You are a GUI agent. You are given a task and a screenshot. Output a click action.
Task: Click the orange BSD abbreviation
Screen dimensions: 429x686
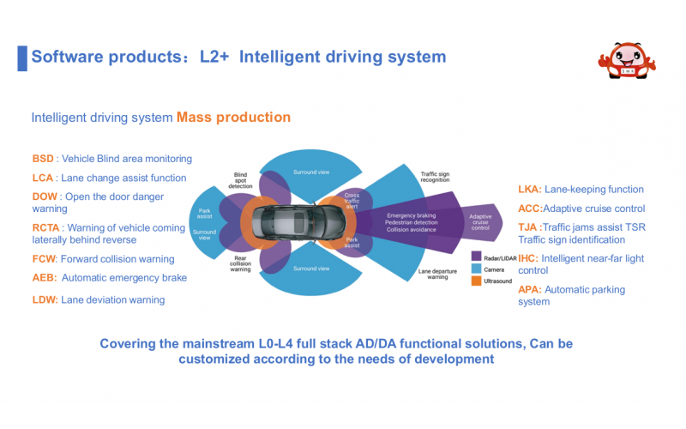point(42,159)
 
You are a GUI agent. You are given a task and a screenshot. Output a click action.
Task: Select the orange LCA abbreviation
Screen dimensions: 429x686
point(42,178)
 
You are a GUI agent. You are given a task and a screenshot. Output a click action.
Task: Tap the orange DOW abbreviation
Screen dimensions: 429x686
point(45,196)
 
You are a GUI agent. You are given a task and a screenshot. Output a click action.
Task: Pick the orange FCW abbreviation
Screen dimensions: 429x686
point(43,259)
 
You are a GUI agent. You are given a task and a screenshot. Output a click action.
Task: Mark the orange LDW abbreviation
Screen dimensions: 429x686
point(44,299)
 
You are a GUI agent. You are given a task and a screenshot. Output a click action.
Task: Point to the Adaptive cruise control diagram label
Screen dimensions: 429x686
point(481,221)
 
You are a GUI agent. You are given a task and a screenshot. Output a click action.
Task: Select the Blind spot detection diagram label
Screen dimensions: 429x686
point(240,179)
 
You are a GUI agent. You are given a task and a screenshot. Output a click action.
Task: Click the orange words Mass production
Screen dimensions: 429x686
point(233,118)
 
